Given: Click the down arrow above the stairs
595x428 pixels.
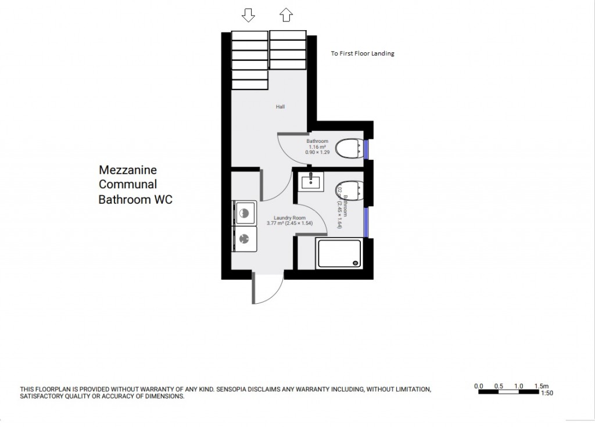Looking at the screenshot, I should [248, 15].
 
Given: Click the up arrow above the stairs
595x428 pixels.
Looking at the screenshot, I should [286, 15].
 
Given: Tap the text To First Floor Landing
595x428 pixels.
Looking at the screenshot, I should [362, 53].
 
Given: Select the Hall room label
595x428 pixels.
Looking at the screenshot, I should [280, 107].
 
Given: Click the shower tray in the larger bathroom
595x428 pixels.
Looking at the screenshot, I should [339, 253].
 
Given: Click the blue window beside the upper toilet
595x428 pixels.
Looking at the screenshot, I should [367, 149].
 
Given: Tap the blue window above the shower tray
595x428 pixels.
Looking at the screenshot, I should [367, 222].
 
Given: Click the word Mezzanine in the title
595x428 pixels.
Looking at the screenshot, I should [128, 170].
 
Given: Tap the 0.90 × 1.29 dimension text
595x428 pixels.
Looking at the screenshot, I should [317, 153].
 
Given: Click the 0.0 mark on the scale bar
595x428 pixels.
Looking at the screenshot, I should [479, 386].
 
